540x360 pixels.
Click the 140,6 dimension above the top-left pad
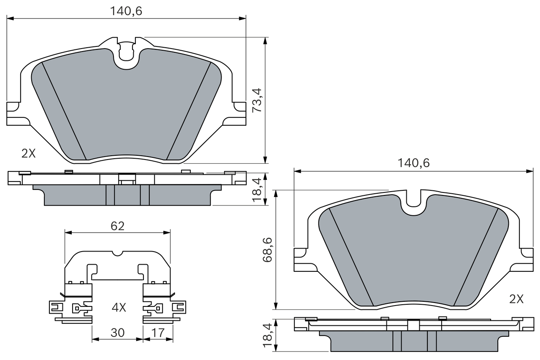point(126,11)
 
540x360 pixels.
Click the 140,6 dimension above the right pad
point(413,163)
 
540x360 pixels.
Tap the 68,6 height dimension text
point(267,250)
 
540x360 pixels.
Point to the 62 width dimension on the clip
point(117,226)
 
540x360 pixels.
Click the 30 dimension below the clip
point(117,333)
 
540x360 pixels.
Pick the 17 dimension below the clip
point(158,333)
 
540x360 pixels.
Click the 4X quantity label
point(119,308)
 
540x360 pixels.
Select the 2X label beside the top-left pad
point(29,154)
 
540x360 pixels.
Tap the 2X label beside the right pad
point(516,299)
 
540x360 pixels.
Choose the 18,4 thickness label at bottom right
point(267,336)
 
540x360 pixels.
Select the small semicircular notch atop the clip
point(118,253)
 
